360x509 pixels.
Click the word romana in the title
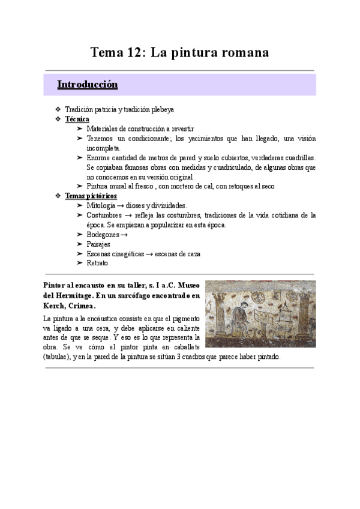pos(240,53)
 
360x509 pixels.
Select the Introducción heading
pos(87,85)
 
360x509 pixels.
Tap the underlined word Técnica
pos(77,119)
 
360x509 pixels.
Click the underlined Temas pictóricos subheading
pos(91,196)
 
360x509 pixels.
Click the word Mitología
pos(102,205)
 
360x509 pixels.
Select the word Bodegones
pos(103,234)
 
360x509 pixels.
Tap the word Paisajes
pos(98,244)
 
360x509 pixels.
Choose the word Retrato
pos(97,263)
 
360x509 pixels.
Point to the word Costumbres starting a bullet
pos(105,215)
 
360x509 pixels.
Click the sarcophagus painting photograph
pos(260,314)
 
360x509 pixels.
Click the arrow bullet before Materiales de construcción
pos(80,128)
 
